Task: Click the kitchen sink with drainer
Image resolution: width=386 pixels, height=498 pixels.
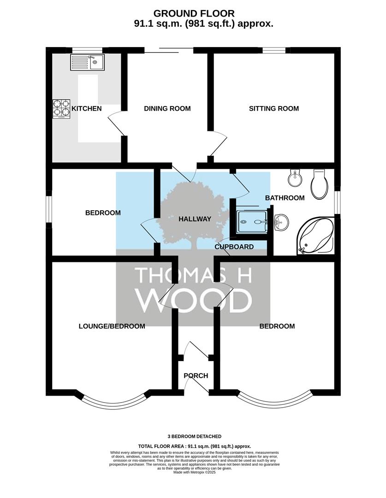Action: (87, 62)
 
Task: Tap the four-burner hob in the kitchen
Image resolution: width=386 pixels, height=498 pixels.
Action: (61, 109)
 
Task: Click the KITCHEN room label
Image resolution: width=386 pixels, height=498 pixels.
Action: (86, 109)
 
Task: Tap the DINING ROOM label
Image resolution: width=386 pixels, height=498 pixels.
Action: (167, 109)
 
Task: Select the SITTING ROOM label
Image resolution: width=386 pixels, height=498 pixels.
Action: (274, 109)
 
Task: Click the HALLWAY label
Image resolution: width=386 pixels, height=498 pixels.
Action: (195, 219)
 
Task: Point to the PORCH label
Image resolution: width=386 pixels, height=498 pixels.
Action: (196, 376)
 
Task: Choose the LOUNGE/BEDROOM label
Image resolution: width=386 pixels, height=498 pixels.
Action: (112, 326)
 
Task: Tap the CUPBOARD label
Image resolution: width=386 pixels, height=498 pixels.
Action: (234, 247)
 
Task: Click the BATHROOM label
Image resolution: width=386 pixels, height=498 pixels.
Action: (285, 198)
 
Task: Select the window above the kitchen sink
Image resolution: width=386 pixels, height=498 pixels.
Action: (87, 50)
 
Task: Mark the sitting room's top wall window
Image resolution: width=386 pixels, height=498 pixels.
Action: (274, 50)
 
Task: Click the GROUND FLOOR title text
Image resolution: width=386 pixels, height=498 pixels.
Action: (194, 13)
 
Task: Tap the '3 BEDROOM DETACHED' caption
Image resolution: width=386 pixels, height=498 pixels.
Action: (195, 436)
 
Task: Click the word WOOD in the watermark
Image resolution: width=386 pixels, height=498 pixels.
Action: (194, 301)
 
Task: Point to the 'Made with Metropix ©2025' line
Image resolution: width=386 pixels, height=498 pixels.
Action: (195, 472)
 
